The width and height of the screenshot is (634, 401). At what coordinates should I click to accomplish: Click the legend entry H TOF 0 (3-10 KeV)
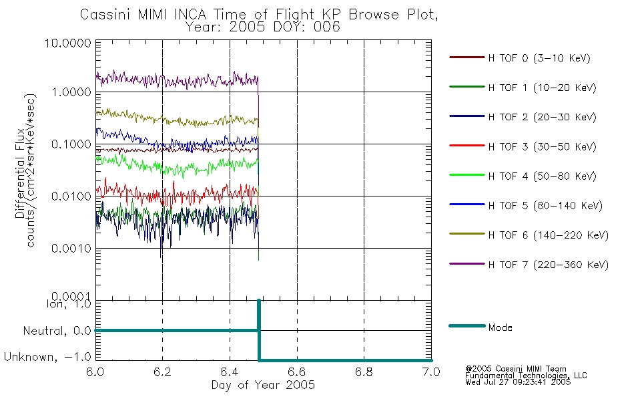(x=539, y=58)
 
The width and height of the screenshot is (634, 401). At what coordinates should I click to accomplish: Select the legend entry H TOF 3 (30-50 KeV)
(x=542, y=146)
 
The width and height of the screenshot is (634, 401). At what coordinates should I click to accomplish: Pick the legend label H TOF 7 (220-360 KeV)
(x=549, y=265)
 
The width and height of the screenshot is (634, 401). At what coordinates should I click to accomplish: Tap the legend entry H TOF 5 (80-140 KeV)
(x=545, y=206)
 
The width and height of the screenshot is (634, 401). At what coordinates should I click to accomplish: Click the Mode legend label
(x=500, y=327)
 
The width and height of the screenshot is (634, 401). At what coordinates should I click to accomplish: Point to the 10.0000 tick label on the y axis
(x=68, y=43)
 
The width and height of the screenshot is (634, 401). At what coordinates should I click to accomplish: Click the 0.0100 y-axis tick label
(x=71, y=196)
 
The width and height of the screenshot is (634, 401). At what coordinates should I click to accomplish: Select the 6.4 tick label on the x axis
(x=230, y=372)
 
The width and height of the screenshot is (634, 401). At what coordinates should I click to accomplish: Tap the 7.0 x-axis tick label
(x=431, y=372)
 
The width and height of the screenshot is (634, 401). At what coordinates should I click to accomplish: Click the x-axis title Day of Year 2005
(x=263, y=385)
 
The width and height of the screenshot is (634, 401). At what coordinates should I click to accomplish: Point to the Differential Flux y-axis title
(x=20, y=173)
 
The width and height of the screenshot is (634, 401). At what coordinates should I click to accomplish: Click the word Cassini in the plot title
(x=106, y=15)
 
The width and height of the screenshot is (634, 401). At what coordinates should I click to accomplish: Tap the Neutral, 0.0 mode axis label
(x=57, y=331)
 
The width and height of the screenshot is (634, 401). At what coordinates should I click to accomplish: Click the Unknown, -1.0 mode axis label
(x=47, y=357)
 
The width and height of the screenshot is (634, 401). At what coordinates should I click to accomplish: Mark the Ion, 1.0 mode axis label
(x=69, y=303)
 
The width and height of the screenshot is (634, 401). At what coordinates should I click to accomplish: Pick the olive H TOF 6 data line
(x=177, y=120)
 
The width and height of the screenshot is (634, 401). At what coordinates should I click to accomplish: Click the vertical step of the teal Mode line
(x=259, y=330)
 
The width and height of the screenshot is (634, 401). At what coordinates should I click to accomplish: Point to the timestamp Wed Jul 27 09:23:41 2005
(x=518, y=382)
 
